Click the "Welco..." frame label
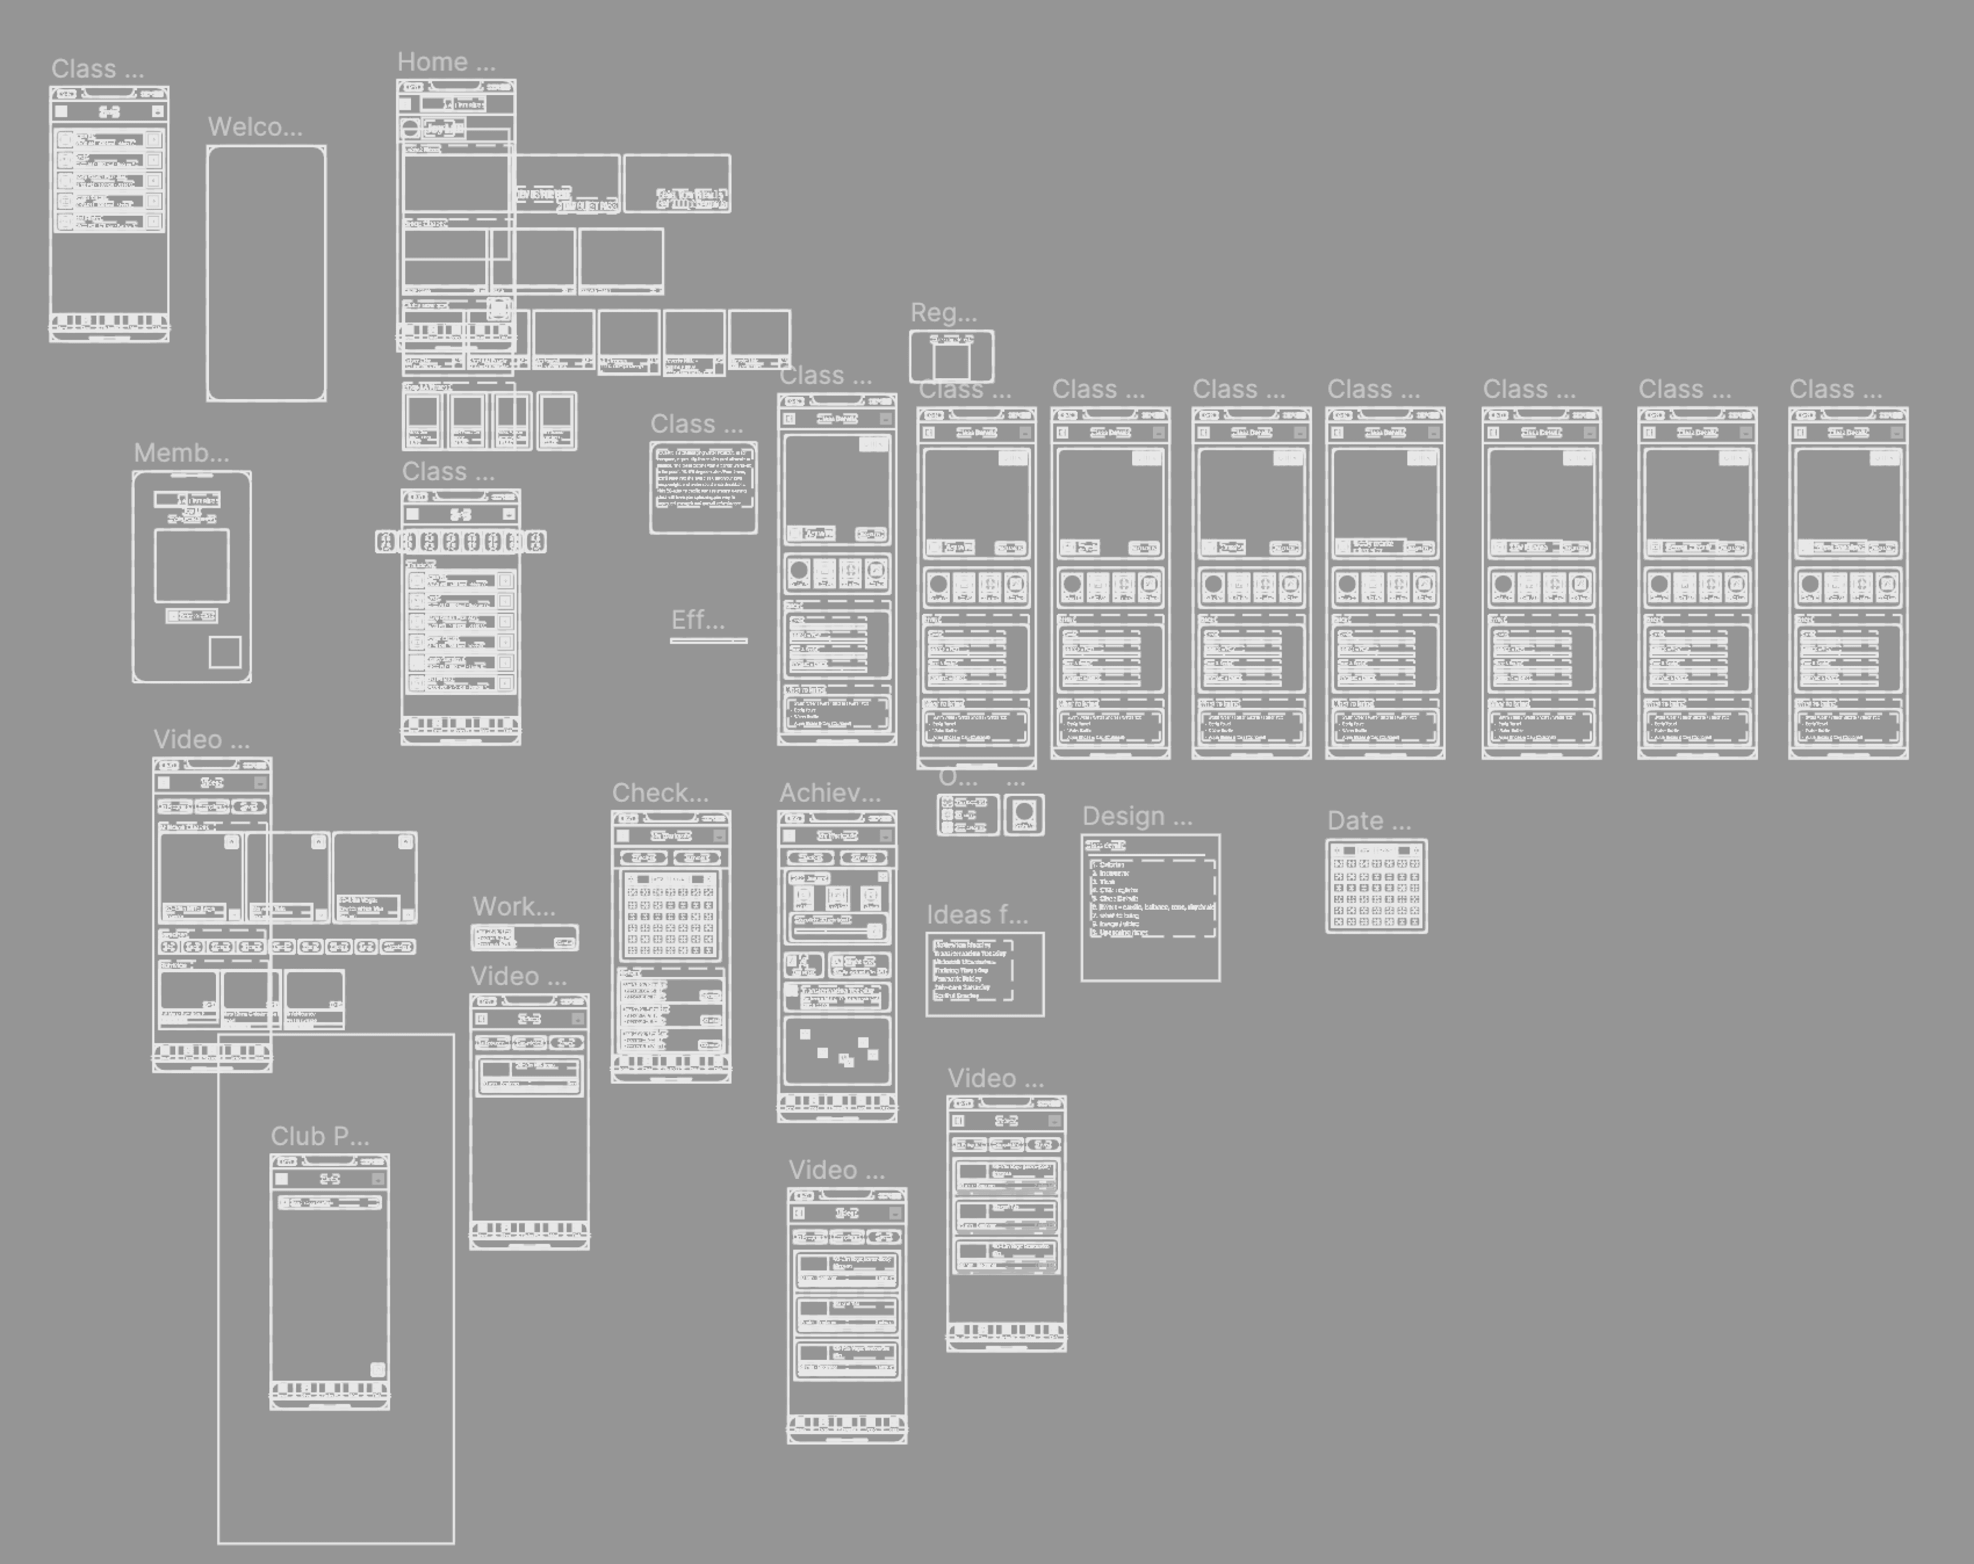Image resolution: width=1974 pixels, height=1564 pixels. click(254, 127)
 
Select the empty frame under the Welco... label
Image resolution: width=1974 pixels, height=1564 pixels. click(266, 273)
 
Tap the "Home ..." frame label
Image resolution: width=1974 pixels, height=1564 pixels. click(446, 62)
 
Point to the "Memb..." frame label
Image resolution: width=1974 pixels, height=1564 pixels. click(181, 453)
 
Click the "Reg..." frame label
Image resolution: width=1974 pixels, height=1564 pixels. click(943, 313)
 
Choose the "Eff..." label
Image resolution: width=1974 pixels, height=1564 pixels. click(698, 621)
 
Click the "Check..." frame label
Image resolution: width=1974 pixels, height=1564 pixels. click(659, 793)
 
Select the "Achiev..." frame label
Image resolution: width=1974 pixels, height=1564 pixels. click(830, 793)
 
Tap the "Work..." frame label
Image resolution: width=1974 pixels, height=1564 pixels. click(514, 907)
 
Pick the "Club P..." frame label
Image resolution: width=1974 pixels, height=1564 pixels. click(320, 1137)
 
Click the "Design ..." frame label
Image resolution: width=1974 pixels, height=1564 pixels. click(1137, 816)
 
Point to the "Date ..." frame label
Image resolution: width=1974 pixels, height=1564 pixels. click(1369, 821)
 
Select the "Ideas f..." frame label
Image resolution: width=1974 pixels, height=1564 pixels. click(977, 915)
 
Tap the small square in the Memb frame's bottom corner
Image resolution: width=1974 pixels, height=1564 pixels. click(225, 653)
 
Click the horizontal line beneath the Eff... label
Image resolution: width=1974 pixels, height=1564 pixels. click(709, 640)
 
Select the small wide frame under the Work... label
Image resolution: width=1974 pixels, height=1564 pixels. click(524, 938)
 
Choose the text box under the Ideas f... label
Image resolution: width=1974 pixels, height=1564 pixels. click(984, 974)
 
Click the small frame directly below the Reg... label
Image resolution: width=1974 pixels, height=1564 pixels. click(951, 357)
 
